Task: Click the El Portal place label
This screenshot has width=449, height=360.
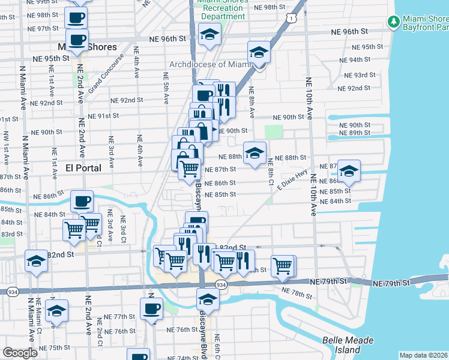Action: [83, 168]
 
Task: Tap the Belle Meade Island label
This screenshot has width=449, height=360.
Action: [349, 344]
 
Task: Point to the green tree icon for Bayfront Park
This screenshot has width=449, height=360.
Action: [394, 22]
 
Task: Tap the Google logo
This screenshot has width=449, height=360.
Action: [20, 353]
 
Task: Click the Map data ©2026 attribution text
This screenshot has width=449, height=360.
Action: [424, 355]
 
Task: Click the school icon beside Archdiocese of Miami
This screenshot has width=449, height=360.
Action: [259, 53]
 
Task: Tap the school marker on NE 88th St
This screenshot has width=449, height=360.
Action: [255, 153]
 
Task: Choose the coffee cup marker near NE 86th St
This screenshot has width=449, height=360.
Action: [82, 201]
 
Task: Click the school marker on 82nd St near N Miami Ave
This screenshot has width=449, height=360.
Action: [37, 261]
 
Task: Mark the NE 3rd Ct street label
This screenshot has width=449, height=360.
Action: [123, 231]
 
